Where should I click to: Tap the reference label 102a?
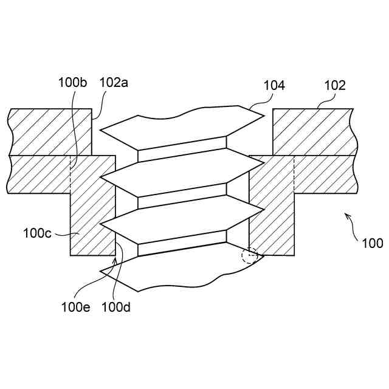(x=113, y=83)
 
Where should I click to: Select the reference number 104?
(x=274, y=86)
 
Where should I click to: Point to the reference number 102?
(x=334, y=86)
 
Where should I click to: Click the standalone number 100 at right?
(x=372, y=244)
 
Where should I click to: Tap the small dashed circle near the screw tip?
(x=249, y=255)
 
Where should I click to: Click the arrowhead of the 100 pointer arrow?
(x=346, y=215)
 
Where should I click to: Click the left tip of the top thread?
(x=100, y=130)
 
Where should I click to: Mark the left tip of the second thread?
(x=100, y=177)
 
